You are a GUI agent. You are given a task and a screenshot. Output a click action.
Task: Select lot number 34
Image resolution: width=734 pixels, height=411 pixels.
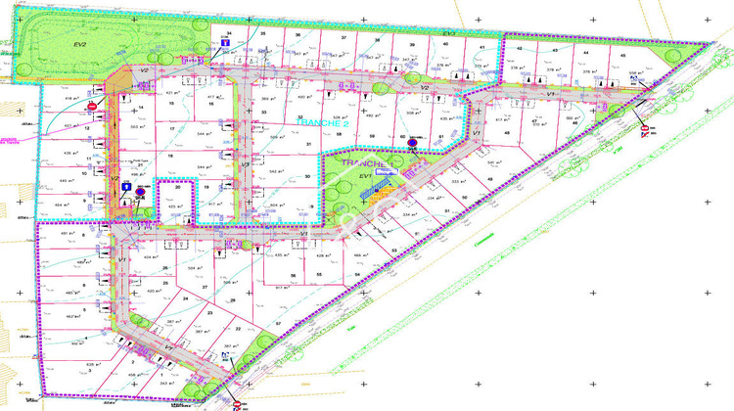[x=228, y=33]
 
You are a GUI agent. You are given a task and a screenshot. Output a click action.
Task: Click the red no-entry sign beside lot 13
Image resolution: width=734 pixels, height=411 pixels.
[x=93, y=107]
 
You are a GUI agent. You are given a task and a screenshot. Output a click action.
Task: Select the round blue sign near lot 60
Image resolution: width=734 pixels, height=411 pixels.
[x=412, y=144]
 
